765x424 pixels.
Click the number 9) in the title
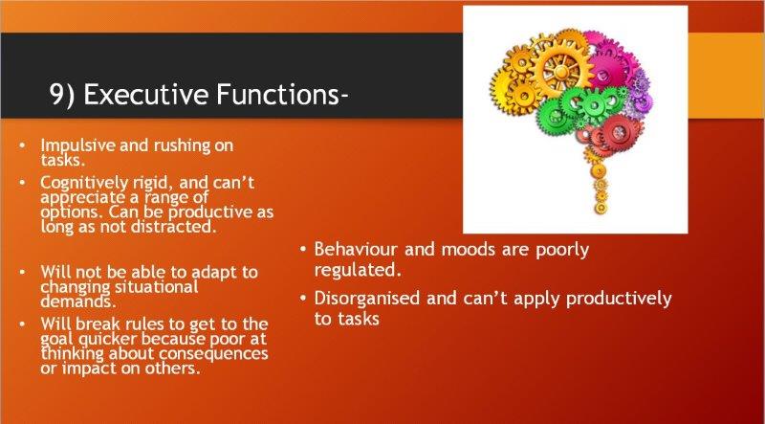(62, 95)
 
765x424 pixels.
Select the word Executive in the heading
(146, 94)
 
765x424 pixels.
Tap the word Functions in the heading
(277, 94)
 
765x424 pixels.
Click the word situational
(156, 286)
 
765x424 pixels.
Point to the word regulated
(358, 271)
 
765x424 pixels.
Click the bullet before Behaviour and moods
(303, 249)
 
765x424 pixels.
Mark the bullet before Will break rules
(22, 324)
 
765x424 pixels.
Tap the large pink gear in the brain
(606, 69)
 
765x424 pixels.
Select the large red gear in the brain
(619, 131)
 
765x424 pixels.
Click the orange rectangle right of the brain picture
(727, 76)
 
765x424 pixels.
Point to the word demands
(78, 301)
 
